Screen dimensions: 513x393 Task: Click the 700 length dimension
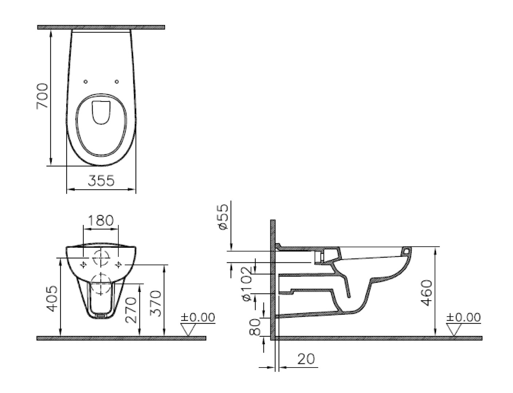pyautogui.click(x=42, y=96)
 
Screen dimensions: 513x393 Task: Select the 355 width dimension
pyautogui.click(x=101, y=180)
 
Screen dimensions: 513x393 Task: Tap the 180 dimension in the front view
pyautogui.click(x=101, y=221)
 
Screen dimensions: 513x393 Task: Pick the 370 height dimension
pyautogui.click(x=156, y=303)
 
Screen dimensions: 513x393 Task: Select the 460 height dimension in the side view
pyautogui.click(x=426, y=293)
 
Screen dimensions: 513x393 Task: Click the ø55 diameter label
pyautogui.click(x=223, y=217)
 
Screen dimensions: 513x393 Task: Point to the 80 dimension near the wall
pyautogui.click(x=254, y=327)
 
